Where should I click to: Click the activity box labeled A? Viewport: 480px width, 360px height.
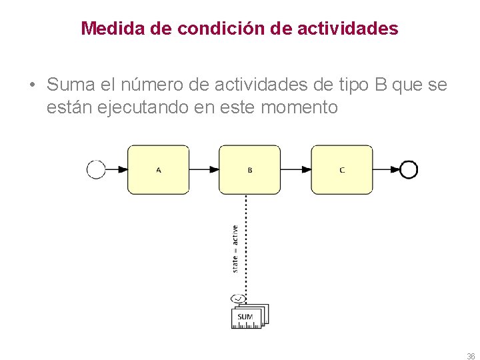coord(158,170)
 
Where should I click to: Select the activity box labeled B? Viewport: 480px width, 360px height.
coord(250,170)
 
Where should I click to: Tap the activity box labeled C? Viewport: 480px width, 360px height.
coord(342,170)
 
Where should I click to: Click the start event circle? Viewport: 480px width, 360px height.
coord(96,170)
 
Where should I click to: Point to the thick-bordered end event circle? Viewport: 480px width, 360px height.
coord(409,170)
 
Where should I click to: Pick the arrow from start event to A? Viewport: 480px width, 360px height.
coord(117,170)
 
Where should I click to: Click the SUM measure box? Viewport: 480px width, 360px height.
coord(246,316)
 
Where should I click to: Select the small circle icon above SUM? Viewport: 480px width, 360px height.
coord(238,298)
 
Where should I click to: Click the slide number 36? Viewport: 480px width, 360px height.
coord(471,356)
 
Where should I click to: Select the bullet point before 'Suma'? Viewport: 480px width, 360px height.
coord(32,86)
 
